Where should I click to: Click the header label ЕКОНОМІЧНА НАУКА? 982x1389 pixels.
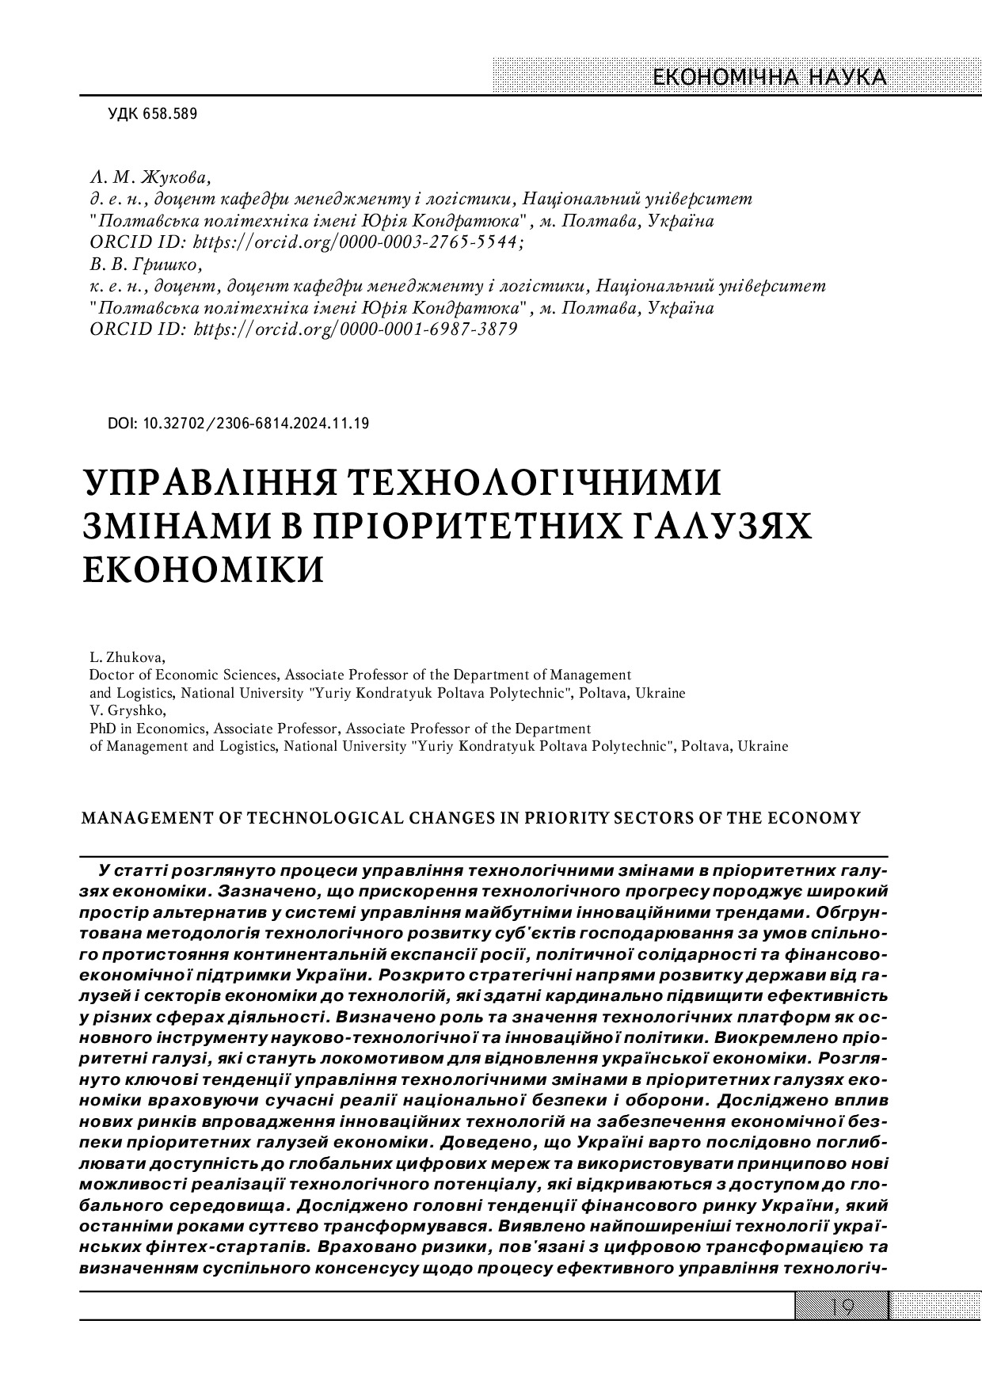[x=769, y=78]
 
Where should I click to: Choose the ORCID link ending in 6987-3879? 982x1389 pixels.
[x=356, y=329]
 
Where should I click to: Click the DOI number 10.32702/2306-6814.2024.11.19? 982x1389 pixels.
[x=256, y=424]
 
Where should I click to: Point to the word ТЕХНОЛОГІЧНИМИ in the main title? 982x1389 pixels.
[x=536, y=484]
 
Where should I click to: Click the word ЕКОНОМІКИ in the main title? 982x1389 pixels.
[x=204, y=570]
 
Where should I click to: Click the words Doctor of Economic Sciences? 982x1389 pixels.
[x=183, y=675]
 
